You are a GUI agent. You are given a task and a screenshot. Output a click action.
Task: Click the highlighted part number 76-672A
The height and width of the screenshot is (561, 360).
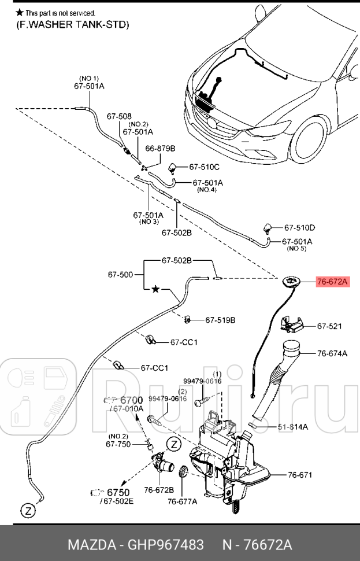332,282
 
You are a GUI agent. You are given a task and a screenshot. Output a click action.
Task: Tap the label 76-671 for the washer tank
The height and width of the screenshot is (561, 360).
300,475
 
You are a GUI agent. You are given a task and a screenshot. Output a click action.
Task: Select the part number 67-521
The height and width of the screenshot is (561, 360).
329,327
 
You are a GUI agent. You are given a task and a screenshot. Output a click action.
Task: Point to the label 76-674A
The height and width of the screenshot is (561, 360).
332,352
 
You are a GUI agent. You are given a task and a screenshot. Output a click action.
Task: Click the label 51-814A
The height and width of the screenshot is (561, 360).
292,427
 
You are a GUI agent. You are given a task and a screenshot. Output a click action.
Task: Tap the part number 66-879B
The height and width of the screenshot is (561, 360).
159,148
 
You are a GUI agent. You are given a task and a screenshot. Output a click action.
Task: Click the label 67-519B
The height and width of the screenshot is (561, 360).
220,319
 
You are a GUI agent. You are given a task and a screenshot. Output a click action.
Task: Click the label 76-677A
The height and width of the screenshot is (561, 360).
182,501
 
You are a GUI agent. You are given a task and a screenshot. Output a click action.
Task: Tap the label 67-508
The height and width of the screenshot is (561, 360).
118,116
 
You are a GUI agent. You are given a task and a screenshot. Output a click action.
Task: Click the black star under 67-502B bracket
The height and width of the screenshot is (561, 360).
155,289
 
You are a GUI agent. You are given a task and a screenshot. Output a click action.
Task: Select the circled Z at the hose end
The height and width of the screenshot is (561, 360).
27,510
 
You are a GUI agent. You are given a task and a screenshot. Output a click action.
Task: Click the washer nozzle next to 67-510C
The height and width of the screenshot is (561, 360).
173,168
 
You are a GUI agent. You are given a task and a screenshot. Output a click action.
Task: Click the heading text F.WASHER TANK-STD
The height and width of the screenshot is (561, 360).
72,24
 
